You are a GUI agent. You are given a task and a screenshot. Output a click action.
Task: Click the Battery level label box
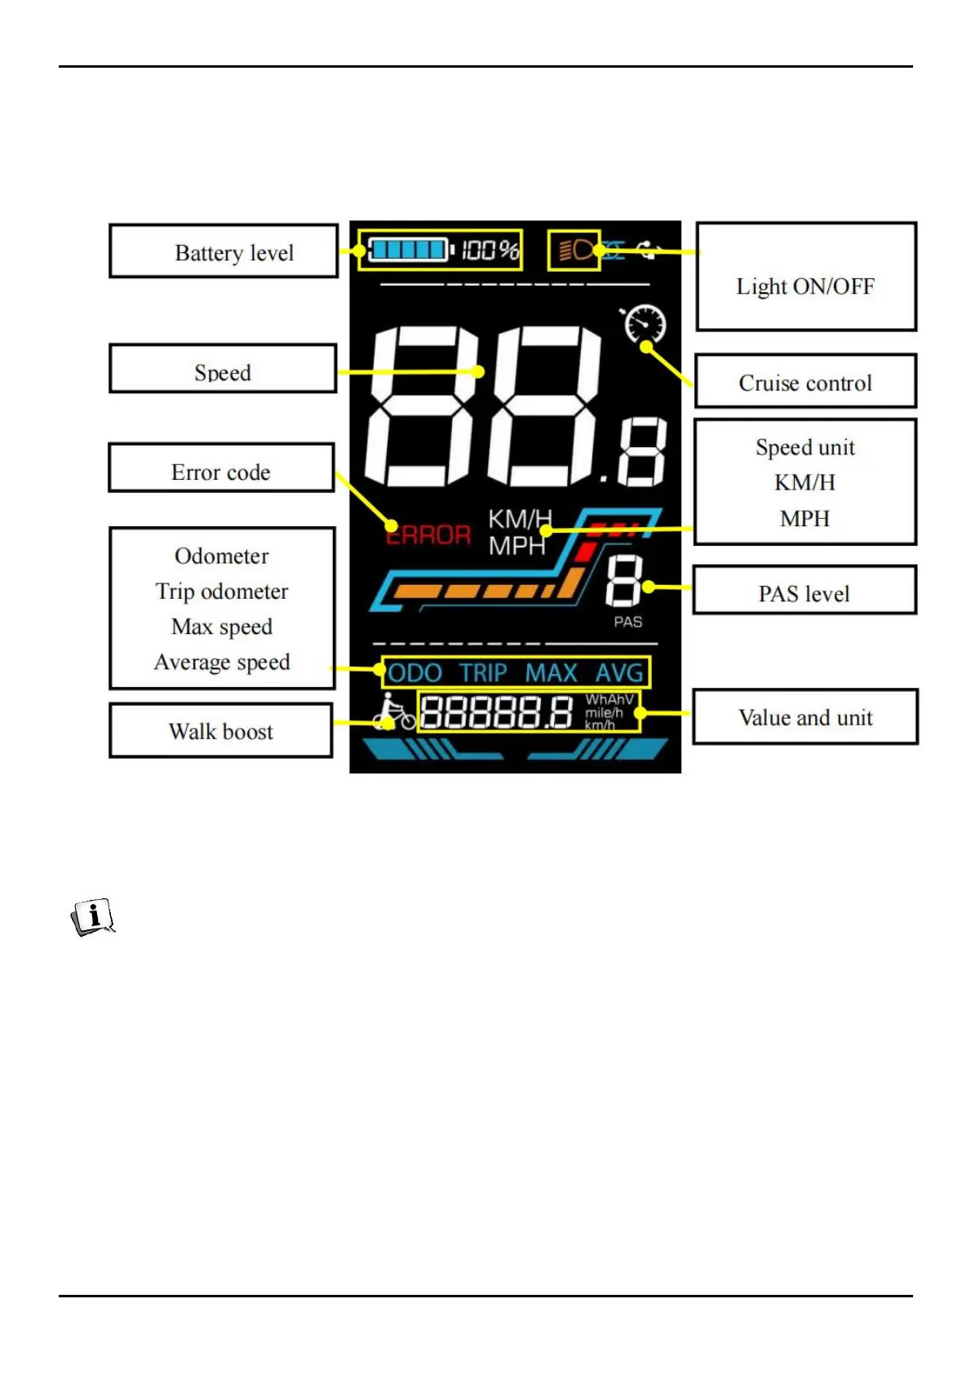point(224,251)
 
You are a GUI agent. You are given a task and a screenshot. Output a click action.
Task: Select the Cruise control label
point(805,382)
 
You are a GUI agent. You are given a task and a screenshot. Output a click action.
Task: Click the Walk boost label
point(221,730)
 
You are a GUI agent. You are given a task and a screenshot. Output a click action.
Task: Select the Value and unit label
point(805,717)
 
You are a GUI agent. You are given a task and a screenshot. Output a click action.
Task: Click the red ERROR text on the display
point(428,535)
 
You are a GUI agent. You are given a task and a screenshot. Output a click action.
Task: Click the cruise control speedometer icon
point(645,325)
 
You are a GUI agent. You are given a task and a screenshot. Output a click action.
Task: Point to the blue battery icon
point(409,249)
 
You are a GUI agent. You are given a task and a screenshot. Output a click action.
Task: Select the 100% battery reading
point(490,250)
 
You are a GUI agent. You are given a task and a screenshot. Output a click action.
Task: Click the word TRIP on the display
point(483,673)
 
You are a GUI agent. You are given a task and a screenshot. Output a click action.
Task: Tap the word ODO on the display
point(415,673)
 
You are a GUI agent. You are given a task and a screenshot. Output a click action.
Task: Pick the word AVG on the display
point(619,673)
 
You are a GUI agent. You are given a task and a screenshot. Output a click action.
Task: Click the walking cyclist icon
point(393,712)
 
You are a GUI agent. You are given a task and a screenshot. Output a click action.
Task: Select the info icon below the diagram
point(93,917)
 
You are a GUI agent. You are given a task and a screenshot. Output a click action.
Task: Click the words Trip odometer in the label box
point(222,591)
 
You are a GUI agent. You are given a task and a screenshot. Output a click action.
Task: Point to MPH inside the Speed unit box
point(805,518)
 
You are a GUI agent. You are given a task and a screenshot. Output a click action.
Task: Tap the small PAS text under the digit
point(628,622)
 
